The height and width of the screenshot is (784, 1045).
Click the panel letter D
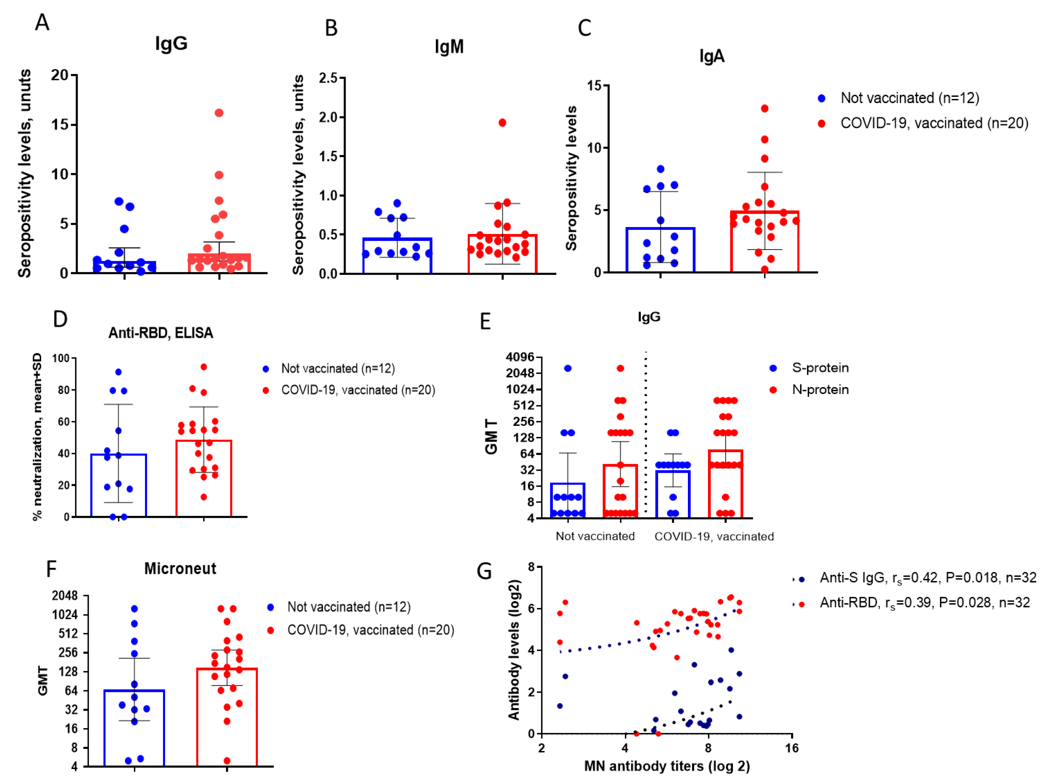60,320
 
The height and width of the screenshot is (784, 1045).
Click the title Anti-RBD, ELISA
161,333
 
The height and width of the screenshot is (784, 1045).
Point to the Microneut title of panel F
180,568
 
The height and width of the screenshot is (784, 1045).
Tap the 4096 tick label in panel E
520,357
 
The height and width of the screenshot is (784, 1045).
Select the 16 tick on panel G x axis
792,748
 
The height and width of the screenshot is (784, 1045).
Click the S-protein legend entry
820,368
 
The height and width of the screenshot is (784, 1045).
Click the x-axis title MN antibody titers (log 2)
667,766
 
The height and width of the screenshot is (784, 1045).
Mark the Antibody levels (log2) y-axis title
514,650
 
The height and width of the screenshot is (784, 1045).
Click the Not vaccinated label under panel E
595,536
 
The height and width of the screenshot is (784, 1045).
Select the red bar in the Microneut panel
227,718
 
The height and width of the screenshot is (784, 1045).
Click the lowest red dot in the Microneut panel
227,761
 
